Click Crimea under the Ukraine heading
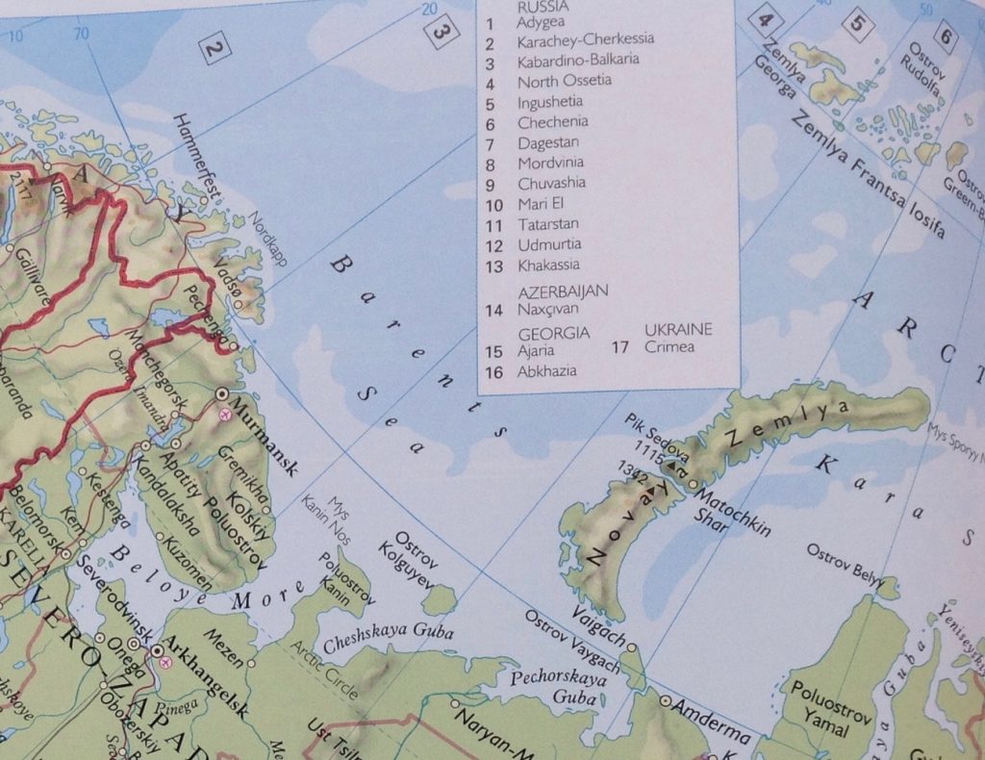[669, 346]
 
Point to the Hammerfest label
[197, 157]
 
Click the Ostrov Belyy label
[845, 565]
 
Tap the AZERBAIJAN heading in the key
[563, 290]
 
